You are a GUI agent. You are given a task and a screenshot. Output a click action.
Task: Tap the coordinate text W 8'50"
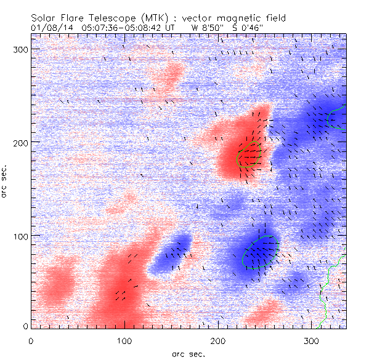[206, 27]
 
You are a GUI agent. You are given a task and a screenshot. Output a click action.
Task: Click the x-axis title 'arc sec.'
[188, 353]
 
